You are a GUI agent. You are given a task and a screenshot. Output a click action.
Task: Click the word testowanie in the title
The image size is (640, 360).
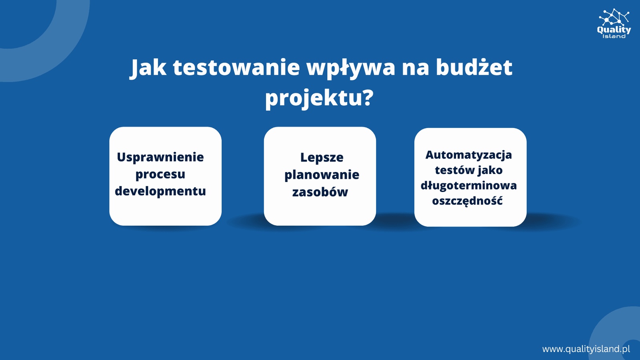click(236, 68)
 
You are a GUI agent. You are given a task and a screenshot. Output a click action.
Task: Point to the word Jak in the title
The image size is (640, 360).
click(148, 68)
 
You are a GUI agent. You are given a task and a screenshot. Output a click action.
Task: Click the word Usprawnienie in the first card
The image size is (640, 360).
click(160, 158)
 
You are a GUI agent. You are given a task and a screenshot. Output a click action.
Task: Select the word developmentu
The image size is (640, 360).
click(160, 191)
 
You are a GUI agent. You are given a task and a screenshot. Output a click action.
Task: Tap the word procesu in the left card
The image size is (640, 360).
click(160, 174)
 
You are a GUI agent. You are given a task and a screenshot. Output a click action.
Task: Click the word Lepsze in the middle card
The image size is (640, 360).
click(322, 158)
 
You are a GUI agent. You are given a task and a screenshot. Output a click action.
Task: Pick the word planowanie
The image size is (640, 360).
click(322, 175)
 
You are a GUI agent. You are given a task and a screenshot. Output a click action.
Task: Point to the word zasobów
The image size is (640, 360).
click(320, 192)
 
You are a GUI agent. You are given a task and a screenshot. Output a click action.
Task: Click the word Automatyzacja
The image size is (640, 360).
click(468, 155)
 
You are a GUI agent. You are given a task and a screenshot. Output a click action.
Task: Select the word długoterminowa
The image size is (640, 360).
click(468, 186)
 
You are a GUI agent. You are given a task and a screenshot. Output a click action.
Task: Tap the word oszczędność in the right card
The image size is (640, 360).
click(467, 201)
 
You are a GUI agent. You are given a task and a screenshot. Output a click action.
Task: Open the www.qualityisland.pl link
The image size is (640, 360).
click(586, 349)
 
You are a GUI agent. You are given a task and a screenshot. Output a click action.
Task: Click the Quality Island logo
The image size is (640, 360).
click(614, 24)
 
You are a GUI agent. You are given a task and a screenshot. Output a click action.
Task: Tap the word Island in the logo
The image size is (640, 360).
click(614, 36)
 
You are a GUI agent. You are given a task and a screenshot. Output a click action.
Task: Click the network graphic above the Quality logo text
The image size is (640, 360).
click(614, 17)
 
